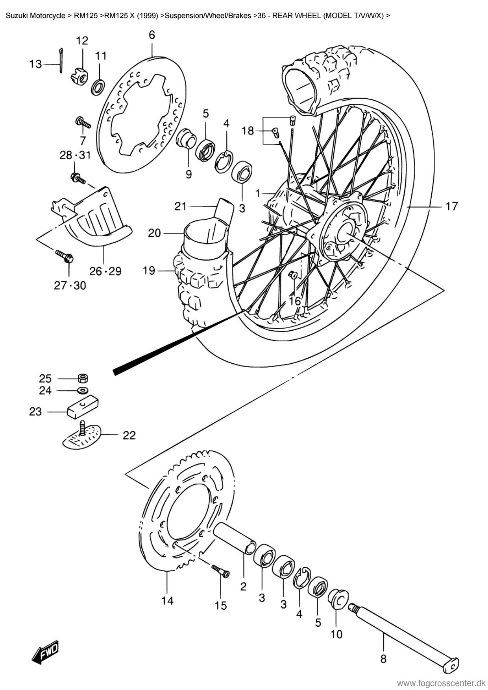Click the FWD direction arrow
click(x=46, y=654)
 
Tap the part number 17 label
click(x=452, y=206)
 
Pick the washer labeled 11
click(x=99, y=86)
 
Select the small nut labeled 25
click(x=83, y=378)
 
